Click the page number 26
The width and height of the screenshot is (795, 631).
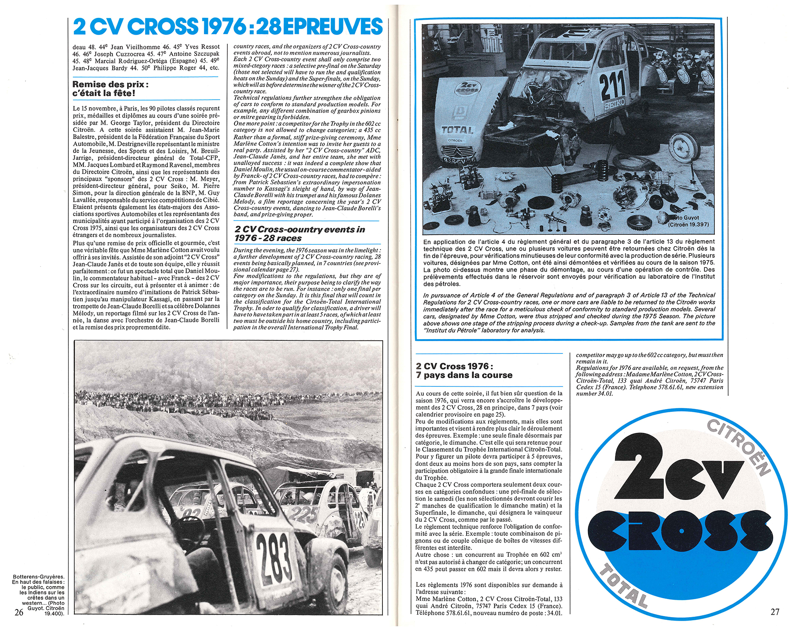(19, 612)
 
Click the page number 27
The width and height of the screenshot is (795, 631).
(775, 612)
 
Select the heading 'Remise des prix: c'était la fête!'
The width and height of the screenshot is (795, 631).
(111, 89)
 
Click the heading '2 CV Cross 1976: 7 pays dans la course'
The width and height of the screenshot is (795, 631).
(464, 370)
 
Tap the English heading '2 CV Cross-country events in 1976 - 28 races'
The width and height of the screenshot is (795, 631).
(300, 233)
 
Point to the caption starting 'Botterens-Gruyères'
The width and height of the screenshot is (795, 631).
(39, 595)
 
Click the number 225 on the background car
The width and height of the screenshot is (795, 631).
(304, 515)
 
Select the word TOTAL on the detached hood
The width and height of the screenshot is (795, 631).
(457, 130)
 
